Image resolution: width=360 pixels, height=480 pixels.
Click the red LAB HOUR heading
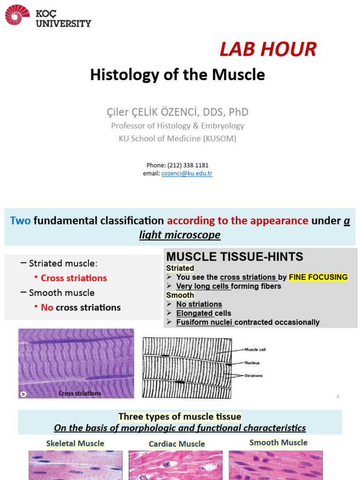[x=268, y=49]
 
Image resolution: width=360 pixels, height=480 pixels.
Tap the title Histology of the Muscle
[x=177, y=75]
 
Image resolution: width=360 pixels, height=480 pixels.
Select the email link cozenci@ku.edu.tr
[x=187, y=173]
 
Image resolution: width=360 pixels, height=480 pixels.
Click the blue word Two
[x=20, y=220]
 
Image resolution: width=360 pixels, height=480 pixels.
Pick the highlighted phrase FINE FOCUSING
[x=318, y=277]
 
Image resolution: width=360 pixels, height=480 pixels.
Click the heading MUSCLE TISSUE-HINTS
[x=235, y=256]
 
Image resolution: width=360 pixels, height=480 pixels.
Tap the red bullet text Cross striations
[x=74, y=278]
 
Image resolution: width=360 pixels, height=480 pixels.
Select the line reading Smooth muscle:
[x=61, y=292]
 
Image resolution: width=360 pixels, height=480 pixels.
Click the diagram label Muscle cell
[x=255, y=349]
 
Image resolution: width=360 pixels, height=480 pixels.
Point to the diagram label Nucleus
[x=252, y=362]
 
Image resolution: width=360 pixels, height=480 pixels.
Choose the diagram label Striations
[x=253, y=375]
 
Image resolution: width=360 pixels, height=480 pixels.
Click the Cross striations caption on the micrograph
[x=80, y=393]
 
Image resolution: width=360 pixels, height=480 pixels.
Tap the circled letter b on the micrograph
[x=24, y=394]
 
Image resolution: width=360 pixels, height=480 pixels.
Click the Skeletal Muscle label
[x=75, y=443]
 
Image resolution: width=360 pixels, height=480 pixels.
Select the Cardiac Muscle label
[x=177, y=444]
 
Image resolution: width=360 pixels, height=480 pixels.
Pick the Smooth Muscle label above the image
[x=278, y=442]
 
